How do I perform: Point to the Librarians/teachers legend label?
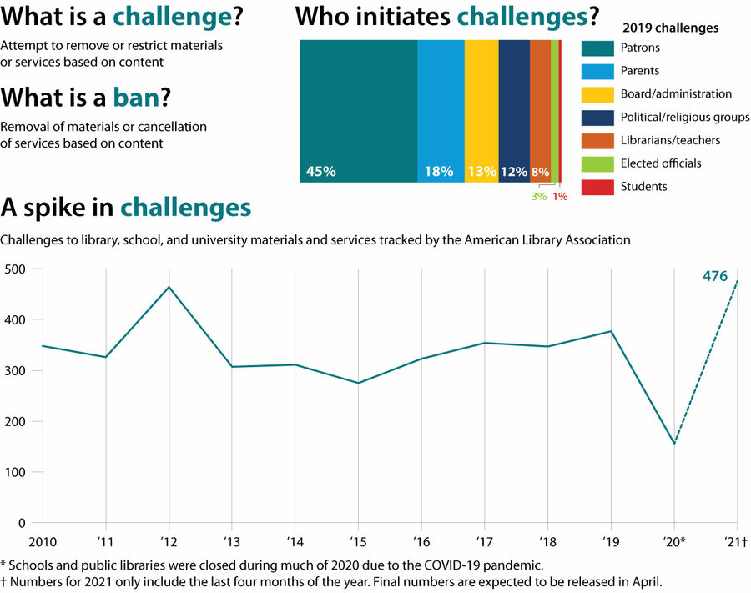coord(670,140)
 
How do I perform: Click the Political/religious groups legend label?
coord(685,117)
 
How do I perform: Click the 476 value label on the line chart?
coord(715,276)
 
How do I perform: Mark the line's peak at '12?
coord(169,288)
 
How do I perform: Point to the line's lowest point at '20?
coord(673,443)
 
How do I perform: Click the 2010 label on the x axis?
coord(41,540)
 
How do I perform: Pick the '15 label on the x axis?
coord(358,540)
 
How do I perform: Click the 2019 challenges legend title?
coord(670,28)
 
